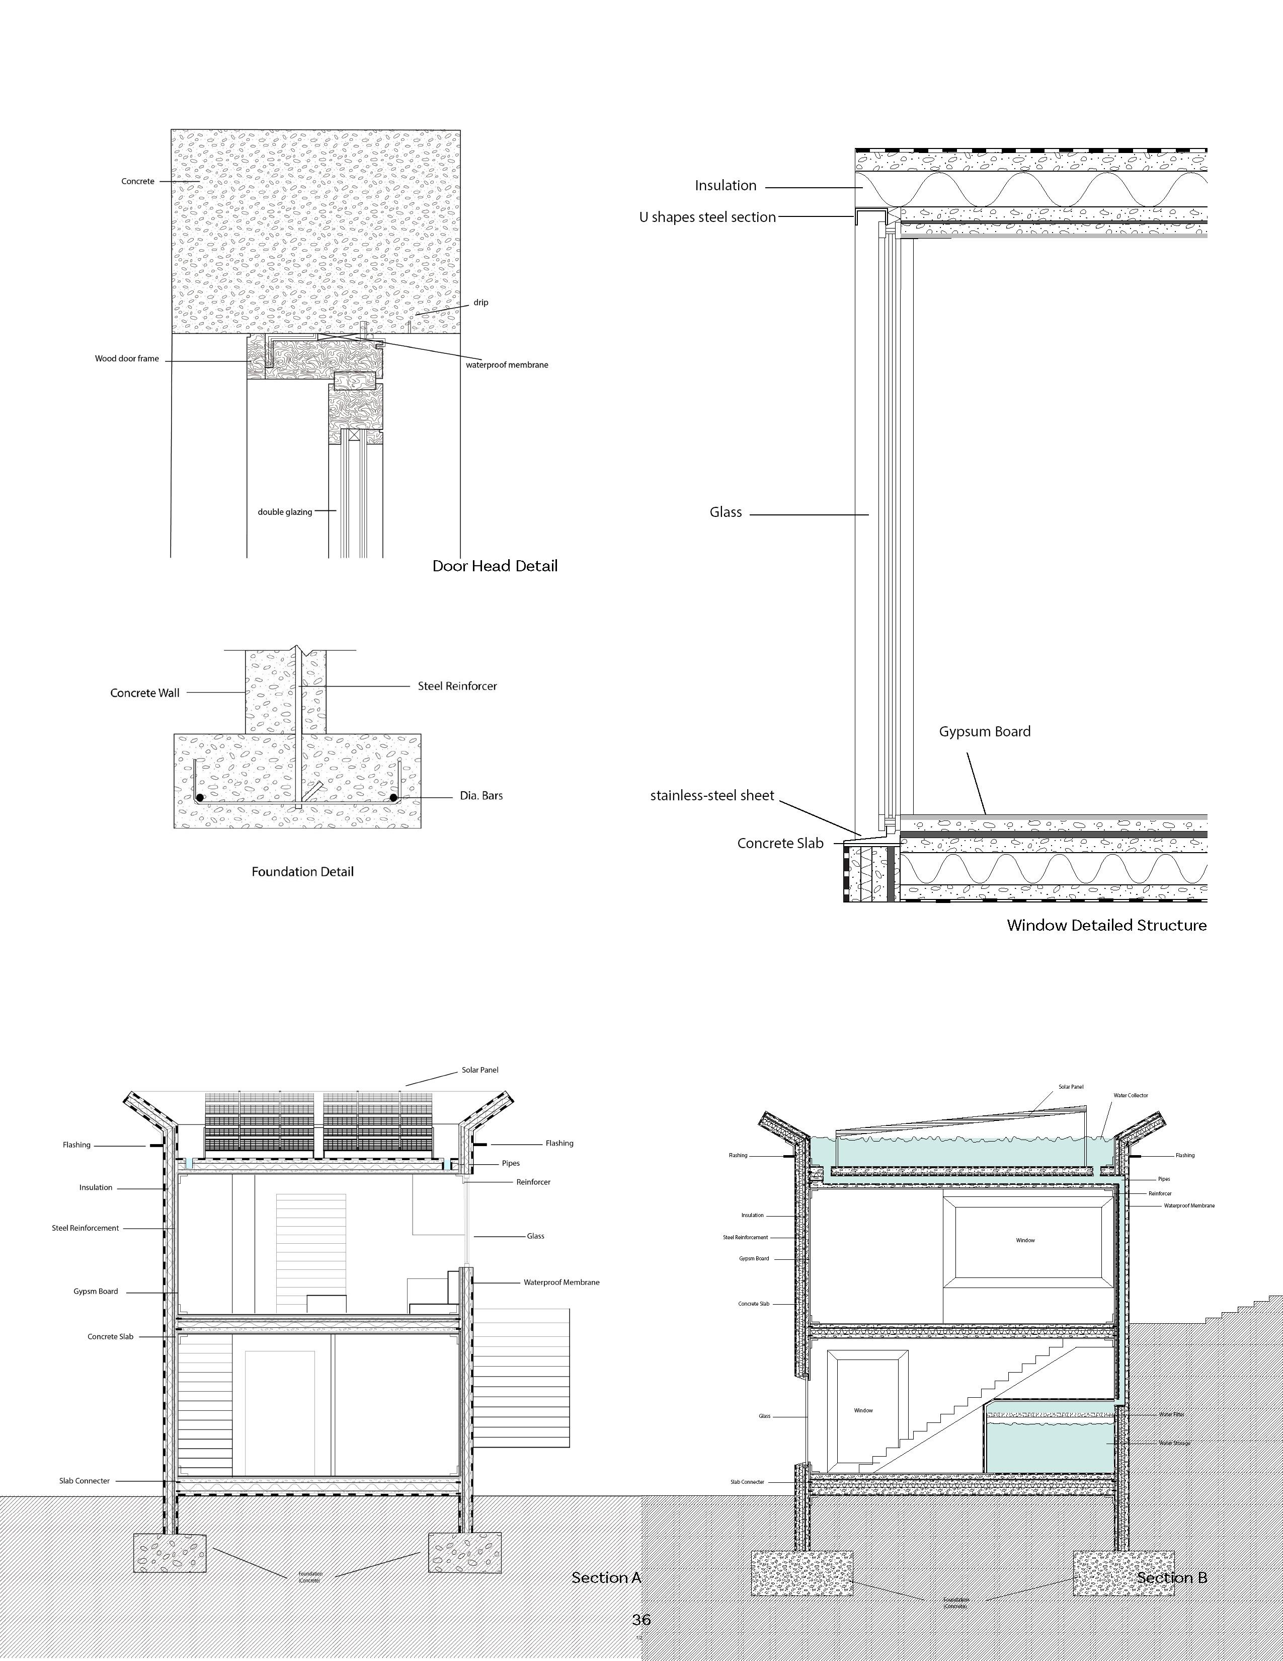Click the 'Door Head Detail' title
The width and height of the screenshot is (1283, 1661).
[x=495, y=566]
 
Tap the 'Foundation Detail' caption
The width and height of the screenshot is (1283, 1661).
[x=302, y=872]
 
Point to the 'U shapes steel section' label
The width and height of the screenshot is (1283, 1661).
[x=707, y=217]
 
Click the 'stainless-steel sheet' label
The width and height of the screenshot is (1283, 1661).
[x=711, y=795]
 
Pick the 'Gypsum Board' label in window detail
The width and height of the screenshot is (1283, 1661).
[x=984, y=732]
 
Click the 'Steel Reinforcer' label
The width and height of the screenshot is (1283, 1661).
[x=457, y=686]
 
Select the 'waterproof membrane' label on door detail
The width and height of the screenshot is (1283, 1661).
[x=507, y=365]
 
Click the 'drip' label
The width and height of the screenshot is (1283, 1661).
[x=480, y=303]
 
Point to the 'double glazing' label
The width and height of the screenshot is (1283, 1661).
[x=285, y=512]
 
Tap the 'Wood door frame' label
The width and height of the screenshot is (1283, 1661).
[x=127, y=359]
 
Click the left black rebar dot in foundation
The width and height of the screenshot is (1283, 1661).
[x=200, y=798]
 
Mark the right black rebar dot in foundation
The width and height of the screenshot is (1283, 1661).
[x=394, y=798]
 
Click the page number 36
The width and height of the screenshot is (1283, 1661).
[x=641, y=1620]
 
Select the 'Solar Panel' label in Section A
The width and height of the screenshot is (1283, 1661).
[x=479, y=1070]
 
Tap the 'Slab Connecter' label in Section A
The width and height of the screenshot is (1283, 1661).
[x=85, y=1481]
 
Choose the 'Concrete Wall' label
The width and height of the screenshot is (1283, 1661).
[x=145, y=693]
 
